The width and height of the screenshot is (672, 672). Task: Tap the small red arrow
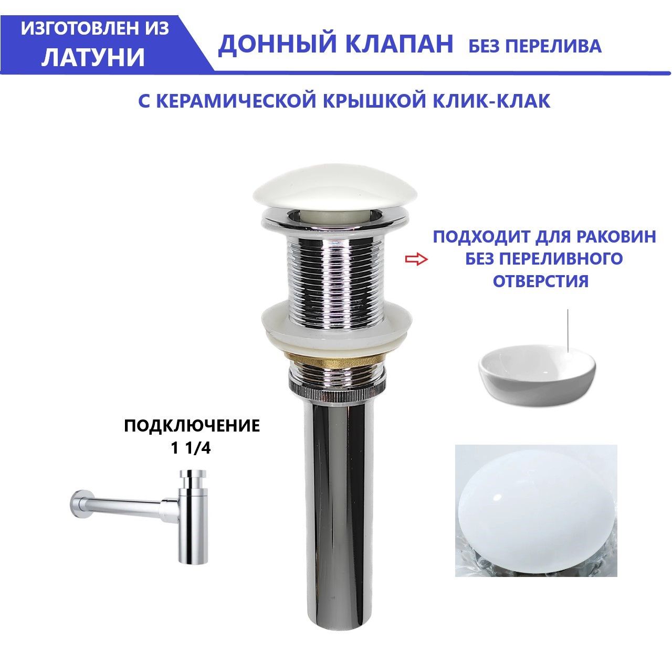pyautogui.click(x=416, y=259)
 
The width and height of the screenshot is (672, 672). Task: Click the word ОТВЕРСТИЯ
pyautogui.click(x=541, y=281)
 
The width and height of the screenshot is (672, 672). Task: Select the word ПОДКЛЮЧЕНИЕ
pyautogui.click(x=192, y=426)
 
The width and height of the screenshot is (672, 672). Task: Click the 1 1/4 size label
pyautogui.click(x=191, y=448)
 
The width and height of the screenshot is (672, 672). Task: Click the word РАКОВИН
pyautogui.click(x=616, y=237)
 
